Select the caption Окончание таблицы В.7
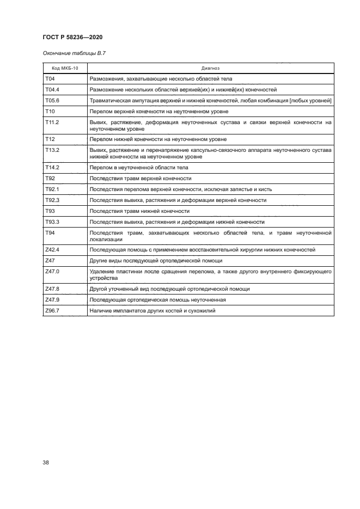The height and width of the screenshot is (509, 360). tap(70, 53)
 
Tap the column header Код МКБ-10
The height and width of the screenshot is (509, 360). tap(65, 69)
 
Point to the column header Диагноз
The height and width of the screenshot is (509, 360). tap(210, 69)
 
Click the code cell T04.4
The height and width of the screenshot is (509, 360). tap(52, 89)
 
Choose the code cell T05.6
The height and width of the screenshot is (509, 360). tap(52, 100)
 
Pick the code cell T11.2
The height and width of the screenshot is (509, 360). tap(52, 122)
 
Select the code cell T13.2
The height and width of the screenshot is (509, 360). tap(52, 149)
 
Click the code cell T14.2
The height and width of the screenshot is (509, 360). tap(52, 168)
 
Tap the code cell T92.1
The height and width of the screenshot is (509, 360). tap(52, 189)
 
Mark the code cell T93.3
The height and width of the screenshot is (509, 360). tap(52, 222)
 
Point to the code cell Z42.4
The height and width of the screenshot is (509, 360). tap(52, 250)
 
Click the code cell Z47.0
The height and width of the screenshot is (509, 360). tap(52, 271)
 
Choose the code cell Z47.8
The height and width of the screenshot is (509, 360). tap(52, 289)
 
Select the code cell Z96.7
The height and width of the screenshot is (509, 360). tap(52, 311)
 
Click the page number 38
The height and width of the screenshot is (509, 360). tap(46, 463)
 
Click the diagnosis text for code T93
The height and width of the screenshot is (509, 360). tap(139, 211)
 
